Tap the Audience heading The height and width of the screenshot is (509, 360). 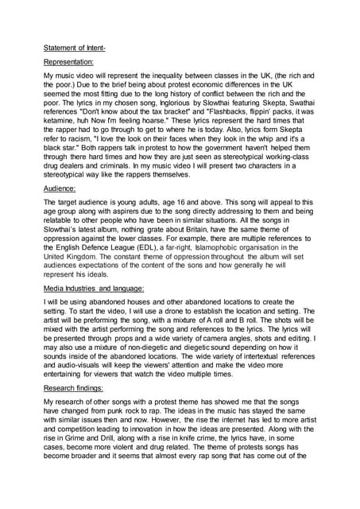[x=60, y=189]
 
